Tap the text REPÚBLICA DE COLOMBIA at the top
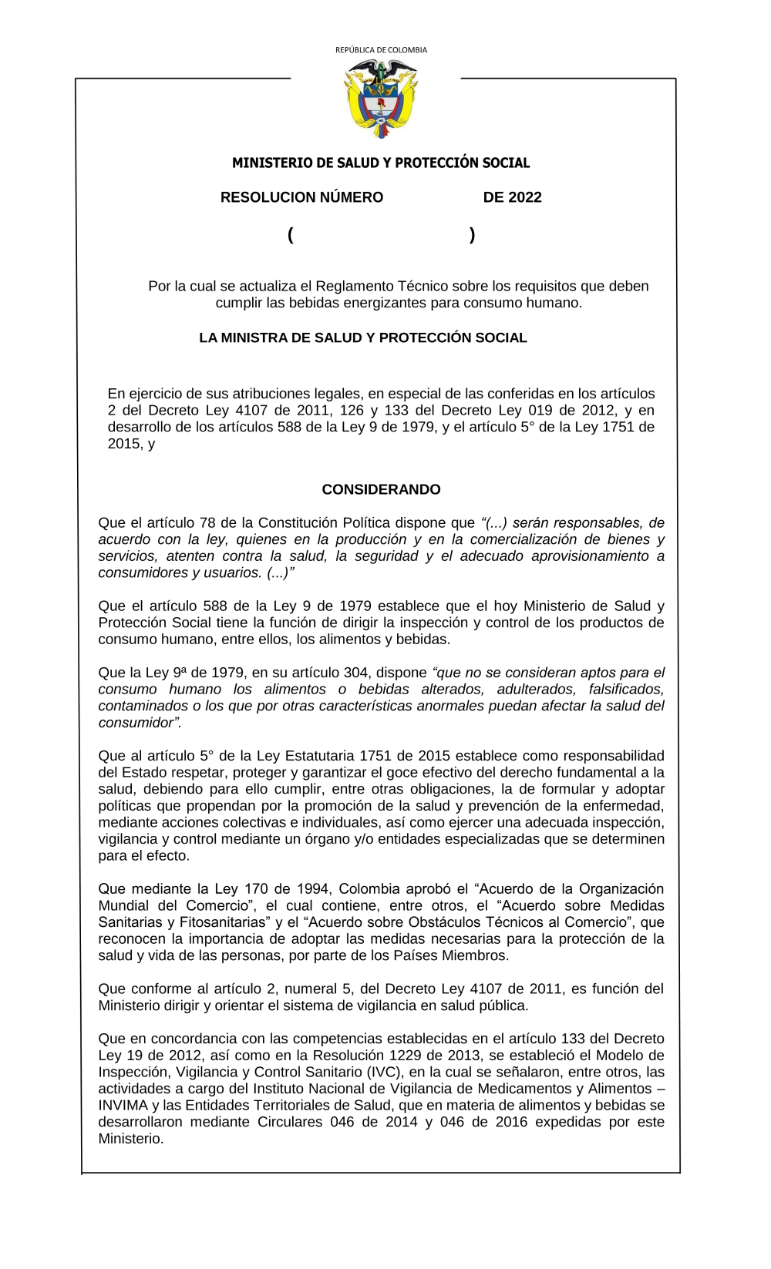coord(381,50)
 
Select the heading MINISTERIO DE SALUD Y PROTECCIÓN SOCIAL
coord(381,163)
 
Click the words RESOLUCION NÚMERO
coord(301,197)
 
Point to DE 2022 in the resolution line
coord(512,197)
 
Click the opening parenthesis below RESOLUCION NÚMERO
coord(291,235)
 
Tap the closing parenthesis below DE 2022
coord(472,235)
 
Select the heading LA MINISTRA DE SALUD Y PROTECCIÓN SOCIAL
coord(363,337)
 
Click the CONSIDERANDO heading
coord(381,489)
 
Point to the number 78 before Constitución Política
coord(207,523)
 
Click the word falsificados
coord(626,689)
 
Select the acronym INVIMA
coord(123,1105)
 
